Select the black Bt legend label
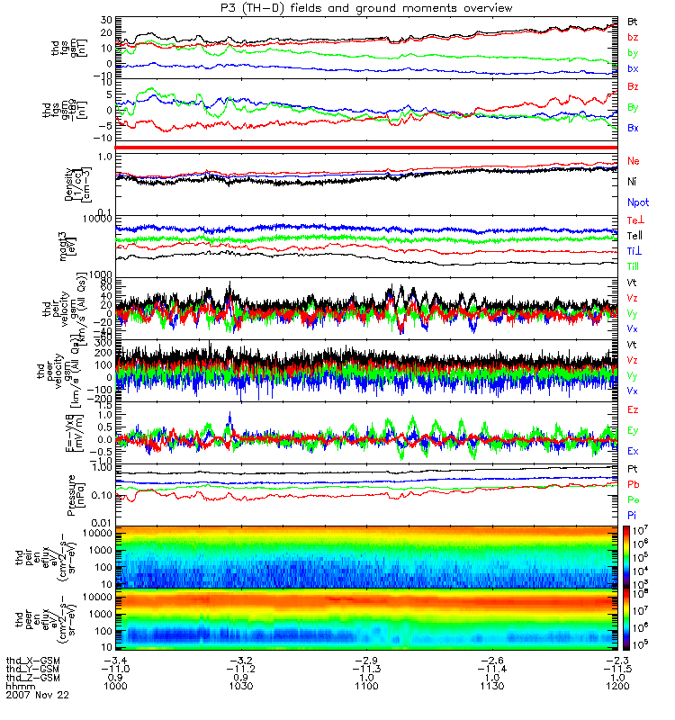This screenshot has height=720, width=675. (633, 20)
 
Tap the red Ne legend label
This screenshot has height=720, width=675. (634, 160)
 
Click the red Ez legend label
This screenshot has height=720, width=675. (633, 409)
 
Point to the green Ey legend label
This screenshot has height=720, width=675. (633, 430)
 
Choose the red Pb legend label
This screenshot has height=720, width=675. (633, 484)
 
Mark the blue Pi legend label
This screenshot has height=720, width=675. (633, 515)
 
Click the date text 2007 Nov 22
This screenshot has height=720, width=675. (36, 696)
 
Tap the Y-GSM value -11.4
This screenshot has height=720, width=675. (490, 668)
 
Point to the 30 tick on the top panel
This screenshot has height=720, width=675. (106, 20)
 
